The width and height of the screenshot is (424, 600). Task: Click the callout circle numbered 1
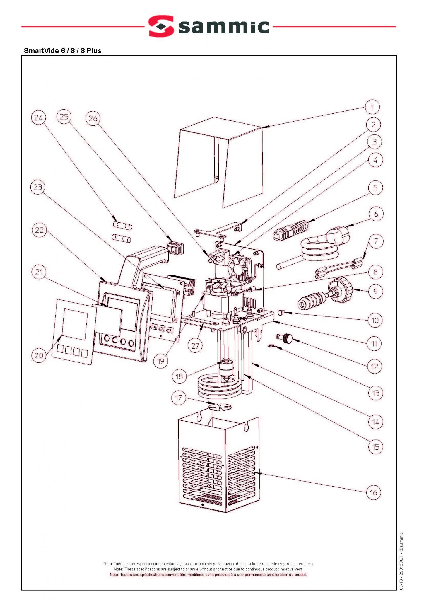pyautogui.click(x=372, y=107)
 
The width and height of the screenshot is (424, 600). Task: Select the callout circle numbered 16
pyautogui.click(x=374, y=492)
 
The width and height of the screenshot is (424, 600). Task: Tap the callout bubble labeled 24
pyautogui.click(x=39, y=118)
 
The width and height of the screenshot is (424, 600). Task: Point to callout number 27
pyautogui.click(x=195, y=346)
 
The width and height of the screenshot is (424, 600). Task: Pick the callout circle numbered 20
pyautogui.click(x=39, y=355)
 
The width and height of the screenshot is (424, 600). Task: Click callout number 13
pyautogui.click(x=375, y=393)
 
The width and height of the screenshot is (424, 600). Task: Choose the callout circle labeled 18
pyautogui.click(x=179, y=376)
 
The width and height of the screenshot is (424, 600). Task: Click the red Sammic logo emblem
pyautogui.click(x=161, y=26)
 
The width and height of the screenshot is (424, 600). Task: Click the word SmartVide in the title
pyautogui.click(x=41, y=51)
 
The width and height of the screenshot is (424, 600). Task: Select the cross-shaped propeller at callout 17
pyautogui.click(x=220, y=406)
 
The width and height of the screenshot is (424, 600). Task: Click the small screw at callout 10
pyautogui.click(x=280, y=313)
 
